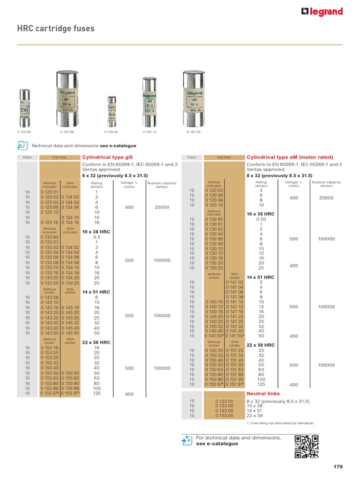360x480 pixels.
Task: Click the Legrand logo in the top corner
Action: [x=322, y=12]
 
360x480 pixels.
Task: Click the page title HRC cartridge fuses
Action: [x=56, y=29]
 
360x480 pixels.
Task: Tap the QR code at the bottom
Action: [x=307, y=446]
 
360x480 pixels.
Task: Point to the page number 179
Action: [x=338, y=467]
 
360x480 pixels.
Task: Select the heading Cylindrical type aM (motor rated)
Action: [x=290, y=157]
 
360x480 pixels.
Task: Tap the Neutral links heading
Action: [x=263, y=394]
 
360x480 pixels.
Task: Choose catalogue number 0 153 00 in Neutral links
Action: [x=225, y=415]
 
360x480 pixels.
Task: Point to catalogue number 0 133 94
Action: [x=49, y=237]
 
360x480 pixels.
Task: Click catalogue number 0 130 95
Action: [x=214, y=219]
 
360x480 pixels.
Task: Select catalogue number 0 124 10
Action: [x=70, y=217]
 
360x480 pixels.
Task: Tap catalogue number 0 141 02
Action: [x=235, y=283]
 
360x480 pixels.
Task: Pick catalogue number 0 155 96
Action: [x=70, y=388]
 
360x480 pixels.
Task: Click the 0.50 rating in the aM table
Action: [x=261, y=219]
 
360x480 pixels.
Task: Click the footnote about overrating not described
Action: [x=280, y=423]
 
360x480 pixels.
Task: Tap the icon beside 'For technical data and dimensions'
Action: [x=187, y=440]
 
